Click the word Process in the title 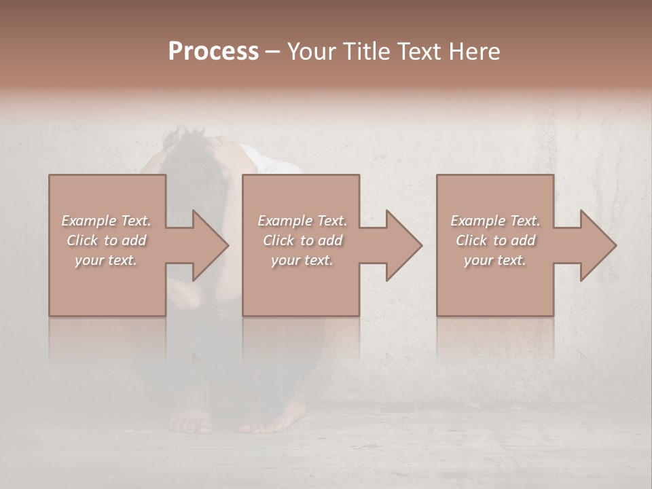(x=213, y=52)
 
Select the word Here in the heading (x=475, y=52)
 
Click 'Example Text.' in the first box (x=106, y=220)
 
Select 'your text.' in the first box (x=106, y=260)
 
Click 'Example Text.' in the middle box (x=302, y=220)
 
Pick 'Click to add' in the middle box (x=302, y=240)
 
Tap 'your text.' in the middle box (x=302, y=260)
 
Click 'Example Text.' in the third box (x=495, y=220)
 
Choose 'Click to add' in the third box (x=495, y=240)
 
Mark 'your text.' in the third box (x=495, y=260)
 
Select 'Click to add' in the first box (x=106, y=240)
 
